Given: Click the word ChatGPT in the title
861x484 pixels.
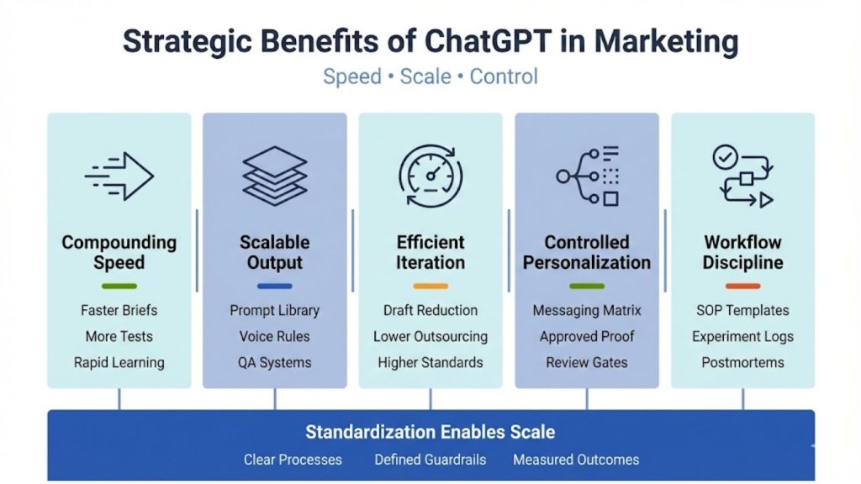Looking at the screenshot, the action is coord(487,42).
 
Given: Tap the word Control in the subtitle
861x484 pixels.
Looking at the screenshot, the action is coord(504,76).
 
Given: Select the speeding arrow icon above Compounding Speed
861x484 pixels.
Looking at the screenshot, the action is coord(119,176).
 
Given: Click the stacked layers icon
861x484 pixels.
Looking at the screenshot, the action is coord(275,176).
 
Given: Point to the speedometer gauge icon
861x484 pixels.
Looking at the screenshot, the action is coord(430,176).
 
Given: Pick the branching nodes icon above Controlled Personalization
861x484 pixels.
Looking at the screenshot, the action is coord(587,176).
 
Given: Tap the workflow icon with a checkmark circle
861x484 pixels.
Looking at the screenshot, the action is coord(743,176).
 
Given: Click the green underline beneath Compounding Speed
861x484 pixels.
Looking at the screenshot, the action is coord(119,286).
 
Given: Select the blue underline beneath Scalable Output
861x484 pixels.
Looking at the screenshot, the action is coord(275,286).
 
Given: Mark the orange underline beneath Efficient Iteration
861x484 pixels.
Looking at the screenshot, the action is coord(430,286).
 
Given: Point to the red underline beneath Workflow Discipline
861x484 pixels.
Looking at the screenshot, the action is coord(743,286).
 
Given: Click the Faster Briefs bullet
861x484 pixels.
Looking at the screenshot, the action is coord(119,310).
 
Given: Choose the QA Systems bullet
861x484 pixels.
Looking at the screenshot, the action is coord(275,362).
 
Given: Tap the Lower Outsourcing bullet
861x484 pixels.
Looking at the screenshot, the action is coord(430,336).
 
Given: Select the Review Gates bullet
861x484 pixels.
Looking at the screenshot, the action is coord(587,362).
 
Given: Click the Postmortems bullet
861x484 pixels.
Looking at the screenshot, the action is coord(743,362).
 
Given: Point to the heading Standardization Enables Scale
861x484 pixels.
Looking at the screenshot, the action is coord(430,432).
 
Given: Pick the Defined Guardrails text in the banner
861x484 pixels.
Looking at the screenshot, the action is coord(430,460).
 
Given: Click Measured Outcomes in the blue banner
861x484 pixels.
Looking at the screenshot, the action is coord(576,460).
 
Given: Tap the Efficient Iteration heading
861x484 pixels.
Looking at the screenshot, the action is coord(430,252).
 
